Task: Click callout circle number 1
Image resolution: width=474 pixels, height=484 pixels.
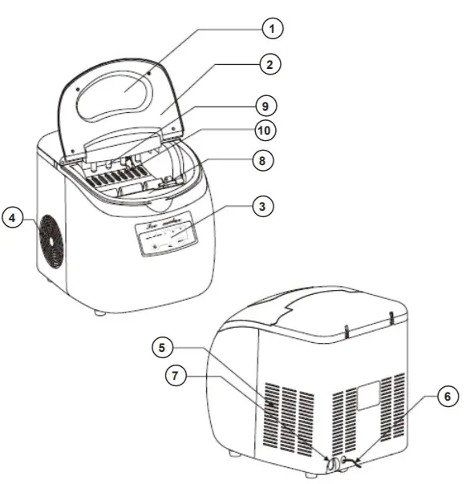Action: (x=273, y=29)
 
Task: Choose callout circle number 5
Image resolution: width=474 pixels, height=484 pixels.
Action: (x=164, y=348)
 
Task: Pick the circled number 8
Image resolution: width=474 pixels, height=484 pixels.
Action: (x=261, y=159)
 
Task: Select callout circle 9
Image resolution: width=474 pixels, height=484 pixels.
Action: (x=261, y=103)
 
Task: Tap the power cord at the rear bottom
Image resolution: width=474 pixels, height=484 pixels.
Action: (x=353, y=462)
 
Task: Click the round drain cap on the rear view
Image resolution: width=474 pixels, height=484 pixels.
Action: (x=330, y=462)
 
